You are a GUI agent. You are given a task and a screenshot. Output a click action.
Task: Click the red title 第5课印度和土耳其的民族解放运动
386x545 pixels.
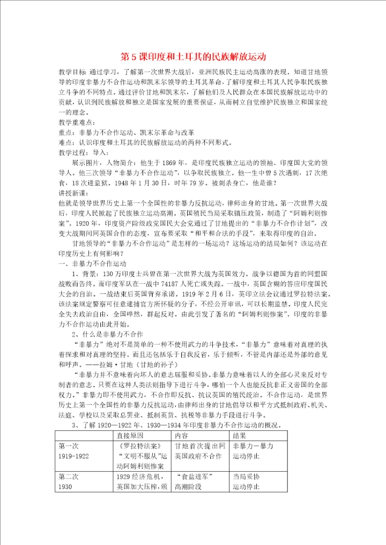tap(193, 56)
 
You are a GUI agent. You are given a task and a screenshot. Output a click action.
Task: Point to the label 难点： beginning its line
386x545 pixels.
tap(68, 143)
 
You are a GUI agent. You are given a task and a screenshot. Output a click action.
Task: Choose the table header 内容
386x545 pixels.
tap(182, 436)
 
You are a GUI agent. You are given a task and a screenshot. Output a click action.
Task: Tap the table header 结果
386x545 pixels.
tap(241, 436)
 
